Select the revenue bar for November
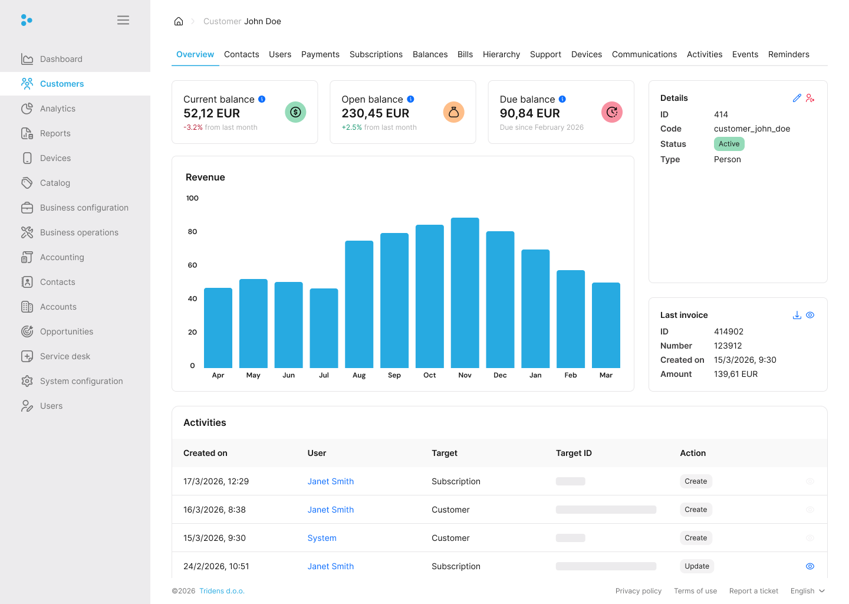465,293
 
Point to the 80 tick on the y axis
192,232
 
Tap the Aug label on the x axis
359,375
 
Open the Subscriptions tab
376,54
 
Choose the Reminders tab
788,54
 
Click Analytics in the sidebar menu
58,109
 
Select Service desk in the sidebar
65,356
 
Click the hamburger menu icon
123,20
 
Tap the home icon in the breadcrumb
179,21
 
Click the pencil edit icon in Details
797,98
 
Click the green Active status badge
729,144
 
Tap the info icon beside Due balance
562,99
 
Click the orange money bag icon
453,112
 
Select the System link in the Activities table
322,538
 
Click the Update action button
697,566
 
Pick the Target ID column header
574,453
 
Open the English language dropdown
807,591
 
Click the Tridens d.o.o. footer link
222,591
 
